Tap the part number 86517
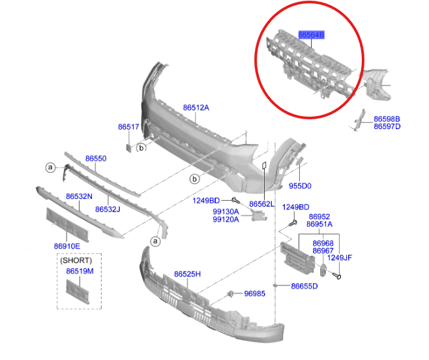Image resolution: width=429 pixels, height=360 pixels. click(x=128, y=127)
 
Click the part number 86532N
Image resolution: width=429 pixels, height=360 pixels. click(x=79, y=196)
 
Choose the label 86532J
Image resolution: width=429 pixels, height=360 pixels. click(x=108, y=209)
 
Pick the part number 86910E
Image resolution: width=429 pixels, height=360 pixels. click(x=67, y=246)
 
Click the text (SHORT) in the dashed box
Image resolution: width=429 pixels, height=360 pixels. click(x=76, y=260)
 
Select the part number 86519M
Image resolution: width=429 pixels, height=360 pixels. click(x=80, y=271)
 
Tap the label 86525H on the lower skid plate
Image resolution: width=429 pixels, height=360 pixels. click(x=187, y=275)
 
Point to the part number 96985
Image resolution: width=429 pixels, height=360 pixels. click(x=254, y=293)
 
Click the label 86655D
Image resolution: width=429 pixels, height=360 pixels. click(x=304, y=286)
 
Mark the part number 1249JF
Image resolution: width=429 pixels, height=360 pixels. click(x=339, y=258)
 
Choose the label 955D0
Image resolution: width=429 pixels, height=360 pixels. click(x=300, y=186)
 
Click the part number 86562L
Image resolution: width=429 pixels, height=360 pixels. click(x=262, y=204)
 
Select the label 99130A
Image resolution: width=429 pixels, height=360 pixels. click(x=226, y=211)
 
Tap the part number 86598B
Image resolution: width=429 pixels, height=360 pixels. click(x=387, y=119)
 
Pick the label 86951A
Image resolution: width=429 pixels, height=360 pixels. click(x=319, y=224)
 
